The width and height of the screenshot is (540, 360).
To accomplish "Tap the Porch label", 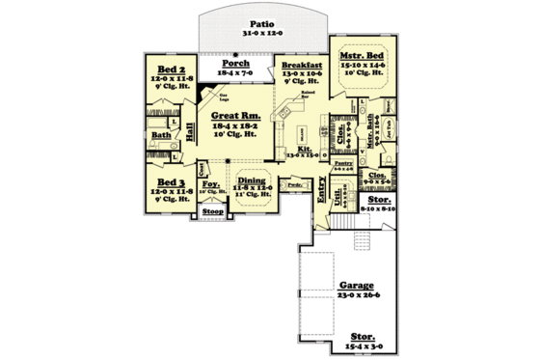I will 236,62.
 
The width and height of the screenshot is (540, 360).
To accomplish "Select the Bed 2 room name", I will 172,70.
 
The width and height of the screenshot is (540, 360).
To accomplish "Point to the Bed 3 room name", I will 172,181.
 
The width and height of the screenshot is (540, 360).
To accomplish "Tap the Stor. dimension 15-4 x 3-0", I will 363,346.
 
